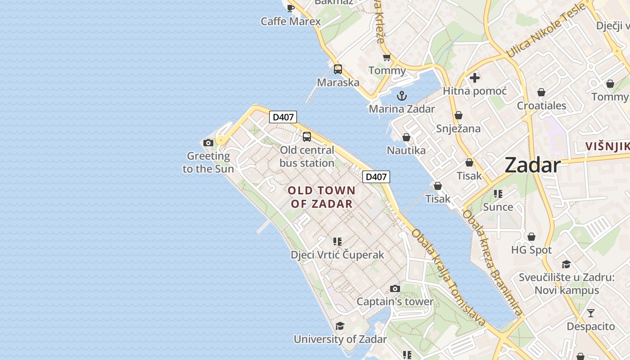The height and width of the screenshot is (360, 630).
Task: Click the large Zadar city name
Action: pyautogui.click(x=532, y=165)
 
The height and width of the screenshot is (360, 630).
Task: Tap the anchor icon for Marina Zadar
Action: pyautogui.click(x=401, y=96)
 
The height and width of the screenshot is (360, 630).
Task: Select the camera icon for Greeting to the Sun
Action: pyautogui.click(x=208, y=143)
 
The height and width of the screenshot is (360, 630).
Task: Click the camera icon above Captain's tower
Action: pyautogui.click(x=395, y=288)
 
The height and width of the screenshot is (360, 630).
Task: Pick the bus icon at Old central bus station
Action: pyautogui.click(x=307, y=137)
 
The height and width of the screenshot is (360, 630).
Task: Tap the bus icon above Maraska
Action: pyautogui.click(x=338, y=69)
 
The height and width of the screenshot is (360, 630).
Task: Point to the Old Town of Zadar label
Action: pyautogui.click(x=321, y=197)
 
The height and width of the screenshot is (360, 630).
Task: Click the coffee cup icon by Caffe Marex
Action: pyautogui.click(x=291, y=8)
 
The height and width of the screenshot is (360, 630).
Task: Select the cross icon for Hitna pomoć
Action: pyautogui.click(x=474, y=78)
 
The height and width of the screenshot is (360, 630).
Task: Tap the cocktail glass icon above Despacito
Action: pyautogui.click(x=590, y=313)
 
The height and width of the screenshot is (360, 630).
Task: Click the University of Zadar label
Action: pyautogui.click(x=340, y=339)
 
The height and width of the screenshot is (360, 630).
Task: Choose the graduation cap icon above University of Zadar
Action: pyautogui.click(x=340, y=326)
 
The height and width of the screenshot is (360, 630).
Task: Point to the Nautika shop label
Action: pyautogui.click(x=406, y=150)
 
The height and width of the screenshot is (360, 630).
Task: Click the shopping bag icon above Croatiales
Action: pyautogui.click(x=541, y=92)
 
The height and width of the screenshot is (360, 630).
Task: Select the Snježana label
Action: pyautogui.click(x=458, y=129)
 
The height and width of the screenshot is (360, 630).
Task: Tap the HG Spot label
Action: pyautogui.click(x=531, y=250)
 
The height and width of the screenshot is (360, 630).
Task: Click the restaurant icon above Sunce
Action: pyautogui.click(x=498, y=194)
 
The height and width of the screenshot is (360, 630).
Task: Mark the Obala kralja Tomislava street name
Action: pyautogui.click(x=448, y=277)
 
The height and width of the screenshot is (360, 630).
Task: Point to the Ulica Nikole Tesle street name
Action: pyautogui.click(x=546, y=31)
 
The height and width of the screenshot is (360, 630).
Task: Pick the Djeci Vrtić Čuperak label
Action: pyautogui.click(x=337, y=255)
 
